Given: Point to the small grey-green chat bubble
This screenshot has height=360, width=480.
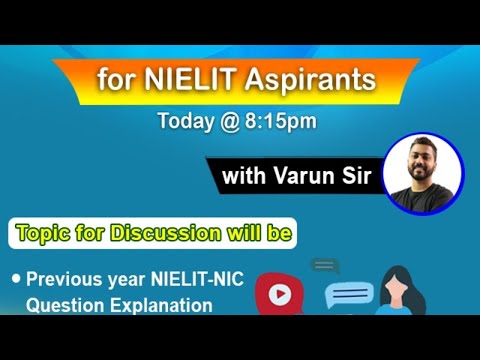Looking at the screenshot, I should point(324,266).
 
